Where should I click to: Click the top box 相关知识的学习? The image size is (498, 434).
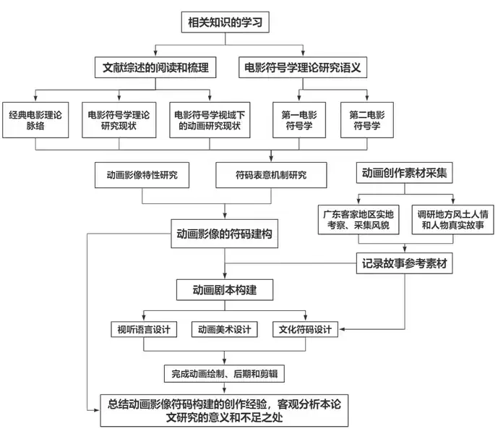pos(226,22)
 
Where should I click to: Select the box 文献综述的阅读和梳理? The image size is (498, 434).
pos(155,67)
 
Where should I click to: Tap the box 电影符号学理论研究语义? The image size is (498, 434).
pos(303,67)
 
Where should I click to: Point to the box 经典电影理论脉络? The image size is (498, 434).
pos(35,120)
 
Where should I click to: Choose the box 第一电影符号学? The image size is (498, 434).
pos(299,120)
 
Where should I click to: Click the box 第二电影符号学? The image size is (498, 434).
pos(367,120)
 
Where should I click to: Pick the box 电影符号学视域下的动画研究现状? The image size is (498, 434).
pos(210,120)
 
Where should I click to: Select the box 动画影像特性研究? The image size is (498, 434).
pos(142,175)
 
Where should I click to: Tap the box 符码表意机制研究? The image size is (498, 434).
pos(271,175)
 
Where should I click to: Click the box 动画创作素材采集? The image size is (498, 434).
pos(404,173)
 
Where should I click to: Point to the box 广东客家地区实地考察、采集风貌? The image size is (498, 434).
pos(359,220)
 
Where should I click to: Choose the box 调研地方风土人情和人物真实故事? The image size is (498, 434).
pos(453,220)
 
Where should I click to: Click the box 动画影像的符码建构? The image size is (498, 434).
pos(225,234)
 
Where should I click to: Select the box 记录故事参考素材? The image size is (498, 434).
pos(404,263)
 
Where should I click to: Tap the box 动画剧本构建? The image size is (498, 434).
pos(225,290)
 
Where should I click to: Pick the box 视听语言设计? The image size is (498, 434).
pos(144,329)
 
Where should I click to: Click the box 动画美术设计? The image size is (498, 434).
pos(224,329)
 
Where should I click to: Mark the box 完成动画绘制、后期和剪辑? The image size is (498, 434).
pos(224,373)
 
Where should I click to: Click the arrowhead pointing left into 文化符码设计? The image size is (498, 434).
pos(342,329)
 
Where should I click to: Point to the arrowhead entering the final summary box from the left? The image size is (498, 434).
pos(97,410)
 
